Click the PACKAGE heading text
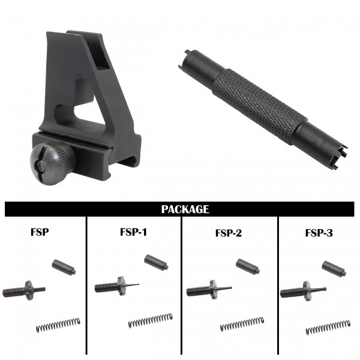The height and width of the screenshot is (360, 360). pos(185,209)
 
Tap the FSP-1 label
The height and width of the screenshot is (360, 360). pos(133,232)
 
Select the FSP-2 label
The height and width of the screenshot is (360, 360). pos(229,233)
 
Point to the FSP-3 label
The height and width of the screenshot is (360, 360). pos(319,233)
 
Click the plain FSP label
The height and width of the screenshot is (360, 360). pos(40,232)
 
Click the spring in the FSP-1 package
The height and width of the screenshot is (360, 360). pos(151,320)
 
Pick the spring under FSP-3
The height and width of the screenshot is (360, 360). pos(328,327)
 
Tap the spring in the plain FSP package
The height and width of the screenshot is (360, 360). pos(58,325)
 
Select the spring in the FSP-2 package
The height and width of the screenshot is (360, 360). pos(242,324)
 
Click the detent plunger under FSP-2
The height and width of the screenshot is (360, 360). pos(248,266)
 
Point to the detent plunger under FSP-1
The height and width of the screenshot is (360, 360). pos(156,262)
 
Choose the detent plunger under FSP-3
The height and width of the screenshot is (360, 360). pos(334,268)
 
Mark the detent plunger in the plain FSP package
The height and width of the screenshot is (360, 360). pos(64,267)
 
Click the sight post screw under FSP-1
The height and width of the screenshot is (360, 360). pos(116,286)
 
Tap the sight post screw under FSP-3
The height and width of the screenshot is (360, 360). pos(303,292)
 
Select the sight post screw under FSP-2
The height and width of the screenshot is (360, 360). pos(209,290)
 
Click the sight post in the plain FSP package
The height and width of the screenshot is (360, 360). pos(24,291)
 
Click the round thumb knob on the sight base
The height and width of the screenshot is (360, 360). pos(52,163)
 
